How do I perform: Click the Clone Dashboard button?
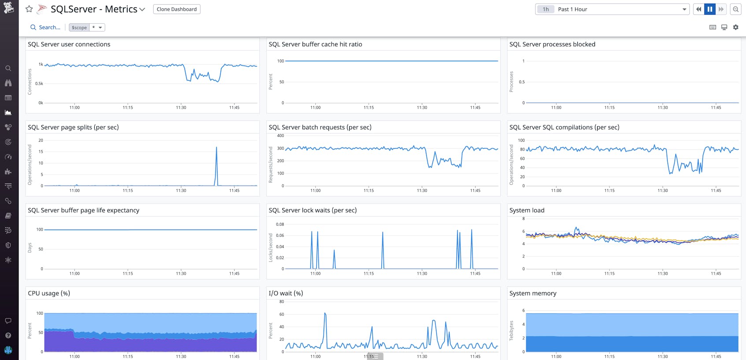[177, 9]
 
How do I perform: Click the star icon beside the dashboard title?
[29, 9]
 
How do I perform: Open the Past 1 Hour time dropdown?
[612, 9]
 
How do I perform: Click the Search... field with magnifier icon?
[45, 27]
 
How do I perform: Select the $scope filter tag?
[79, 27]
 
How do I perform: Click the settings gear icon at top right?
[735, 27]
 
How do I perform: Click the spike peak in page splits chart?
[216, 147]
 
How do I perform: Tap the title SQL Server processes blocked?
[552, 44]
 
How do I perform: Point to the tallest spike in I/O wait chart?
[325, 313]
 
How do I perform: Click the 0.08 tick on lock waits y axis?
[280, 224]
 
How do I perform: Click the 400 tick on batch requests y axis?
[280, 136]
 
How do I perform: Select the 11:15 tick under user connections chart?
[128, 107]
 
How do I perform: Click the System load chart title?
[527, 210]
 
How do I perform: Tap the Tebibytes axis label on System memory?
[511, 331]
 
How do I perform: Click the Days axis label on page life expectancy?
[30, 248]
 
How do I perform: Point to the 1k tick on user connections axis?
[41, 64]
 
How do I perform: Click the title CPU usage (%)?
[49, 293]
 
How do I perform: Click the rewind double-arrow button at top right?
[698, 9]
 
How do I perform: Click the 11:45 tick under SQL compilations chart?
[716, 191]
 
